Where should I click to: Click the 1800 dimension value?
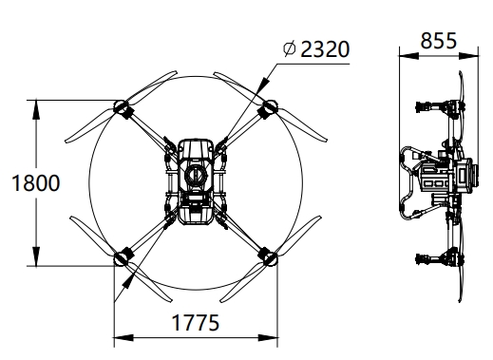tap(36, 183)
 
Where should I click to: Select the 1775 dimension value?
tap(196, 323)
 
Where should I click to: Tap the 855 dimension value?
tap(439, 41)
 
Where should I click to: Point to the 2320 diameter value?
tap(325, 49)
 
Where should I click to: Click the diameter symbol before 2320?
tap(290, 48)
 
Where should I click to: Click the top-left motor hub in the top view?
tap(120, 106)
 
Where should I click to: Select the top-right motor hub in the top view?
tap(271, 106)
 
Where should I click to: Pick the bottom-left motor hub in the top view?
tap(121, 258)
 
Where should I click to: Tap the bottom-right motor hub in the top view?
tap(271, 258)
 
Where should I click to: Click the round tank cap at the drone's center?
tap(196, 175)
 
